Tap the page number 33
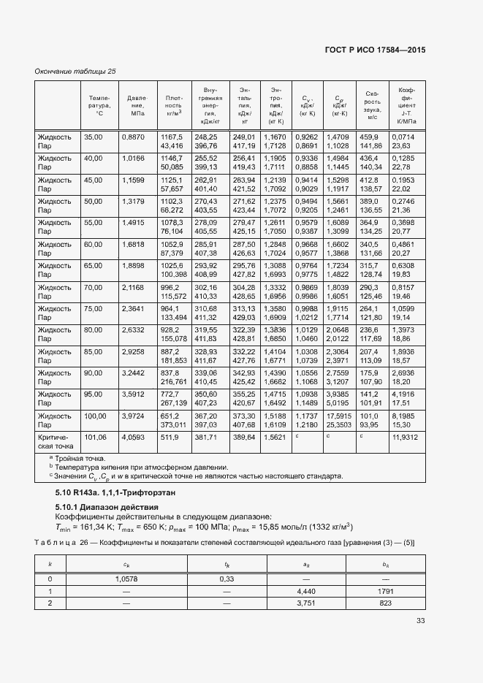(x=420, y=622)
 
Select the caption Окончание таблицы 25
(x=75, y=71)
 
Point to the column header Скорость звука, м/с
(x=371, y=106)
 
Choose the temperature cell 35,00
(x=94, y=137)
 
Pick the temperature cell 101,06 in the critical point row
(x=96, y=438)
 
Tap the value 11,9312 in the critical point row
(x=405, y=438)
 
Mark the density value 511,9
(x=171, y=438)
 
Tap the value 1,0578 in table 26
(x=126, y=578)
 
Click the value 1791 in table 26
(x=386, y=590)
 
